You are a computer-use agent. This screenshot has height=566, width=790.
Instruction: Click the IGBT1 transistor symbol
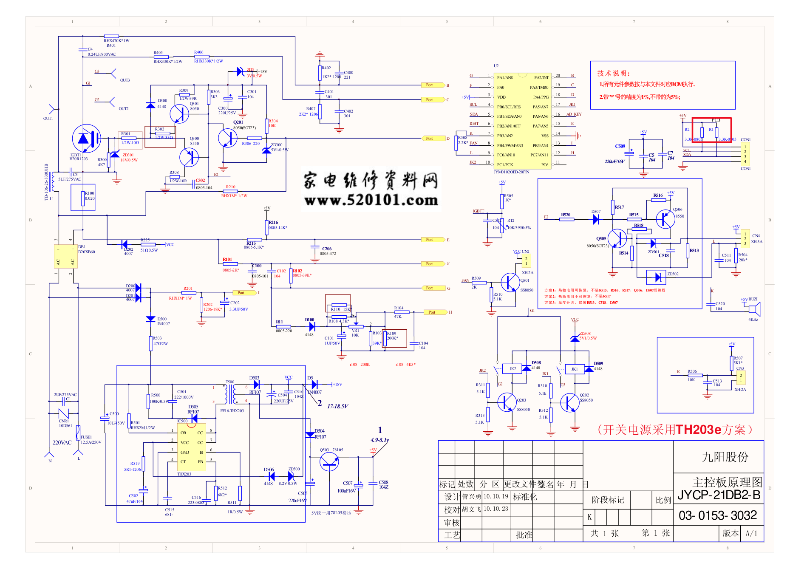pyautogui.click(x=86, y=139)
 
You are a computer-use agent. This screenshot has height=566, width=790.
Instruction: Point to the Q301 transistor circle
pyautogui.click(x=179, y=113)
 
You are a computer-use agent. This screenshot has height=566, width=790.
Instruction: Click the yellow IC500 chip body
pyautogui.click(x=191, y=447)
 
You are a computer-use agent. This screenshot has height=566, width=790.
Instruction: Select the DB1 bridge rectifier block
pyautogui.click(x=65, y=256)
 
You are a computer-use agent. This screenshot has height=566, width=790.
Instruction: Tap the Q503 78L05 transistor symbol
pyautogui.click(x=329, y=461)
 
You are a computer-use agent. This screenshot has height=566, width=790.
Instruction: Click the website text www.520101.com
pyautogui.click(x=371, y=200)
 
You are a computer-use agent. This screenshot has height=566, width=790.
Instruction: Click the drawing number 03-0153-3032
pyautogui.click(x=718, y=515)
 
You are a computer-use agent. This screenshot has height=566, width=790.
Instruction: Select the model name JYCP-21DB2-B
pyautogui.click(x=719, y=495)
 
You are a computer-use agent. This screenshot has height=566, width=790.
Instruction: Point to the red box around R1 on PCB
pyautogui.click(x=711, y=130)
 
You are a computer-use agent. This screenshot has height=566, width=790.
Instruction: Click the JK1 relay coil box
pyautogui.click(x=574, y=369)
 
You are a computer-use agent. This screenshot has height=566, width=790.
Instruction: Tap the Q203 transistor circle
pyautogui.click(x=507, y=402)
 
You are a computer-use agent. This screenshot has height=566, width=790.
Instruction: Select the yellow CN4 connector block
pyautogui.click(x=745, y=239)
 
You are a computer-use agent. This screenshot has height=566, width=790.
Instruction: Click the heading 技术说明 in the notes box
pyautogui.click(x=613, y=74)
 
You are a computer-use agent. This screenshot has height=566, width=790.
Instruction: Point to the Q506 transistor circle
pyautogui.click(x=665, y=219)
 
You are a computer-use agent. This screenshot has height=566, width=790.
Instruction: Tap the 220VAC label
pyautogui.click(x=62, y=443)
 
